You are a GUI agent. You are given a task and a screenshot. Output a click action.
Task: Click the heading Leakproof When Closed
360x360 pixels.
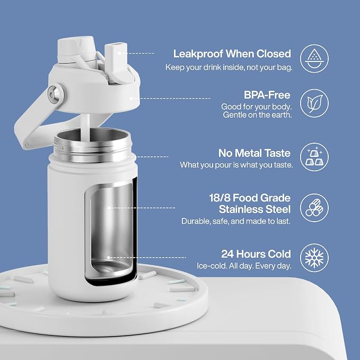(232, 54)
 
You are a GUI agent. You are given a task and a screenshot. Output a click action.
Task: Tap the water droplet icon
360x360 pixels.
(314, 59)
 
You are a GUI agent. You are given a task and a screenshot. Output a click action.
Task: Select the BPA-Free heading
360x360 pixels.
(267, 95)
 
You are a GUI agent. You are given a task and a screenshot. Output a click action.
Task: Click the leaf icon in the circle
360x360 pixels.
(314, 103)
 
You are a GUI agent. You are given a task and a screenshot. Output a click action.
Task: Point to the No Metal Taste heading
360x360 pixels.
(254, 153)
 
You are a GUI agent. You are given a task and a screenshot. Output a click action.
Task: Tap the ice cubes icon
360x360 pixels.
(314, 156)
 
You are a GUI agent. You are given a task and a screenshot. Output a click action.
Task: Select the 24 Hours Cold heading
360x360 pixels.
(256, 254)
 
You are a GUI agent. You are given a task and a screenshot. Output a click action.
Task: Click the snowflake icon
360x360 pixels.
(314, 258)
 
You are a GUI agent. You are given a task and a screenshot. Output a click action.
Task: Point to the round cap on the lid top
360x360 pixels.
(76, 49)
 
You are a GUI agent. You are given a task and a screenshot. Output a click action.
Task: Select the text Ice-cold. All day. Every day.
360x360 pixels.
(244, 266)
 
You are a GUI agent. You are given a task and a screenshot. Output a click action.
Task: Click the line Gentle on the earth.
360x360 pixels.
(257, 115)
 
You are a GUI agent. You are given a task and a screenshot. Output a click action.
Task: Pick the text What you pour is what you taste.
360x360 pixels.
(236, 165)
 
